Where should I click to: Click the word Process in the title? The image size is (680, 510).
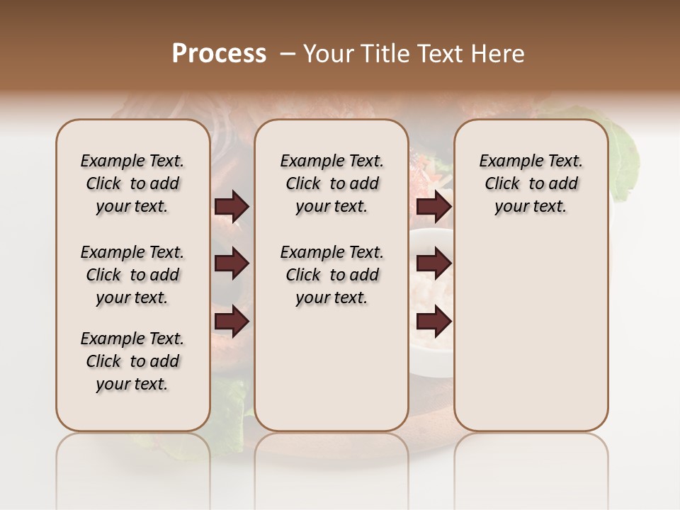(219, 54)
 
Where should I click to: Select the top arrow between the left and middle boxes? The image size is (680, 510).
(232, 207)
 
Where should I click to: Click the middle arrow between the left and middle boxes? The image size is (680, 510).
(232, 264)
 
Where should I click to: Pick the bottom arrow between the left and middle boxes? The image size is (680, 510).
(232, 322)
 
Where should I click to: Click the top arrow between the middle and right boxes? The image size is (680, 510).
(433, 207)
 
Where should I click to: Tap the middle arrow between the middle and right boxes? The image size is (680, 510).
(433, 264)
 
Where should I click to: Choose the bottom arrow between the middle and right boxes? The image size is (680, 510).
(433, 322)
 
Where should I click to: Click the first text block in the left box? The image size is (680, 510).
(132, 183)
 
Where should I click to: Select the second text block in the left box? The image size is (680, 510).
(132, 275)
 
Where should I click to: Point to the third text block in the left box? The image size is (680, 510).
(132, 361)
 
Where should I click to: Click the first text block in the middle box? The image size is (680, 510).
(331, 183)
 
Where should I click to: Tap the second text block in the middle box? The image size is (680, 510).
(331, 275)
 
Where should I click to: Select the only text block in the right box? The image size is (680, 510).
(531, 183)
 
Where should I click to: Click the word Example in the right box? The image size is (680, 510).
(506, 161)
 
